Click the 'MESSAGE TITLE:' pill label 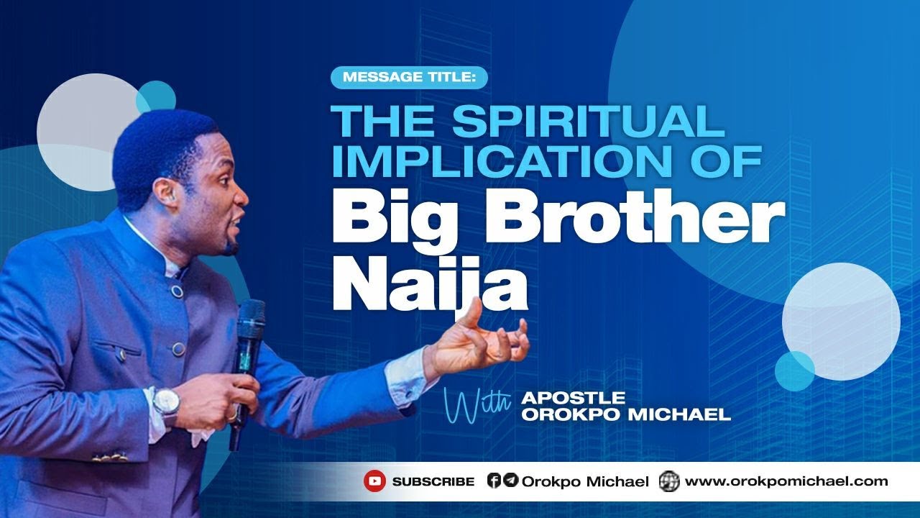[x=408, y=77]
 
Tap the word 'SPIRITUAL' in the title [x=589, y=122]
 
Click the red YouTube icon [x=374, y=481]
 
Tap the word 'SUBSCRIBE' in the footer [x=433, y=482]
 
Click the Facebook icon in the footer [x=494, y=481]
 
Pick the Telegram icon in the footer [x=510, y=481]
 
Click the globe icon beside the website [x=669, y=481]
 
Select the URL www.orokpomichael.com [x=786, y=481]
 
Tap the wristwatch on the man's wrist [x=166, y=401]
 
